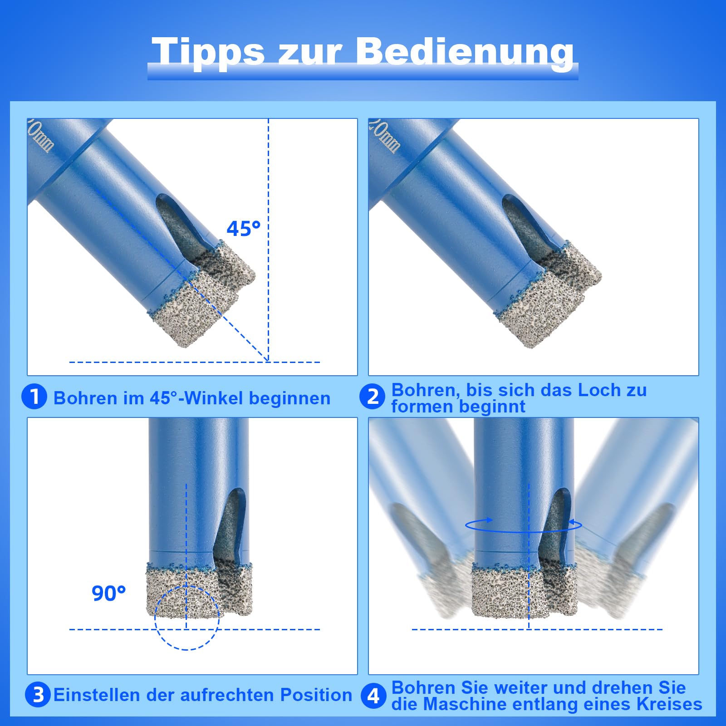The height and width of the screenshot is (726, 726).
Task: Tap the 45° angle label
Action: pyautogui.click(x=244, y=229)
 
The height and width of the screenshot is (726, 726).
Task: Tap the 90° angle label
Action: pyautogui.click(x=108, y=594)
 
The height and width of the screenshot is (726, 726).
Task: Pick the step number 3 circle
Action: pyautogui.click(x=38, y=695)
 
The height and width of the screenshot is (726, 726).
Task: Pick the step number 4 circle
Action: pyautogui.click(x=373, y=695)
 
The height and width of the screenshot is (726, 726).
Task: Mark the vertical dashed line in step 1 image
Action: pyautogui.click(x=268, y=181)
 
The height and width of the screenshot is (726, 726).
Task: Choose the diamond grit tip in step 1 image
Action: pyautogui.click(x=195, y=313)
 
